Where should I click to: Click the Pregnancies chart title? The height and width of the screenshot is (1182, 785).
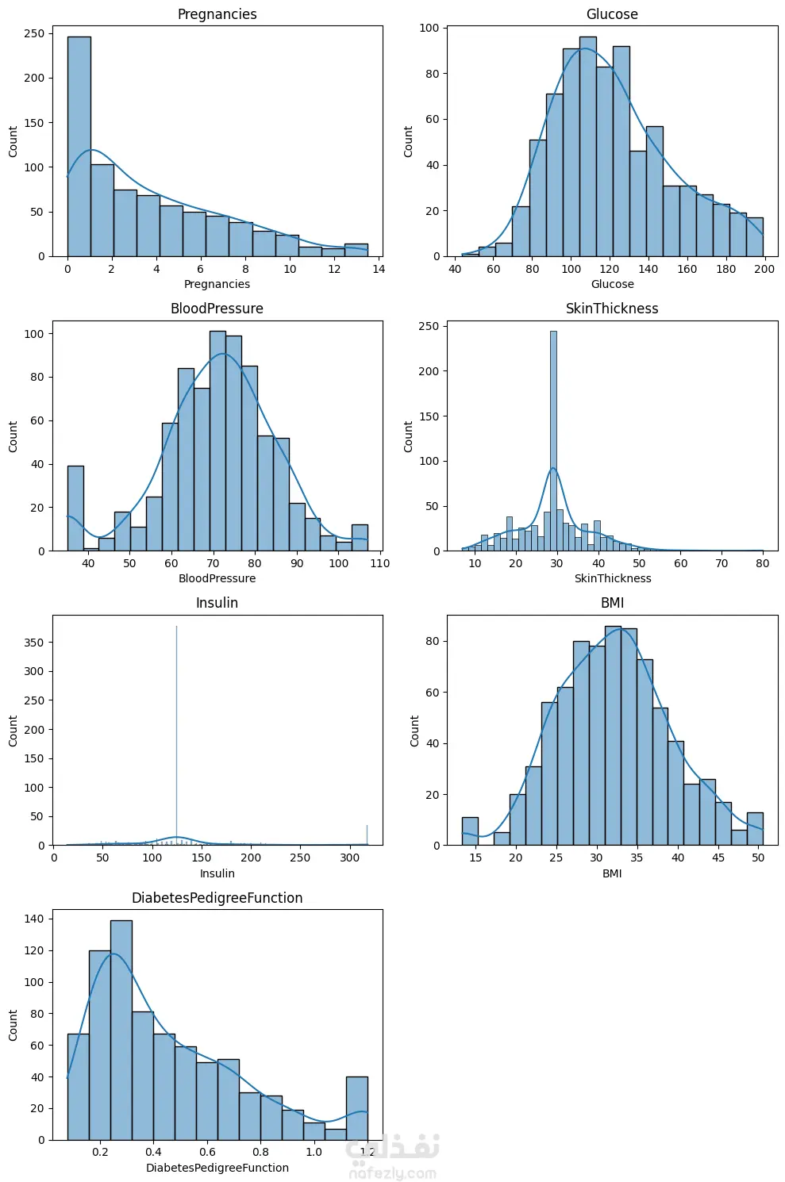pyautogui.click(x=217, y=14)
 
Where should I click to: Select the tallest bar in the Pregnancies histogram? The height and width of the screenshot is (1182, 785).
pyautogui.click(x=79, y=147)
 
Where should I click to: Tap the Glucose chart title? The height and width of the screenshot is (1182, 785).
pyautogui.click(x=612, y=14)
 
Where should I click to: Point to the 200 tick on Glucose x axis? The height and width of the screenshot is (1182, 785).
pyautogui.click(x=764, y=269)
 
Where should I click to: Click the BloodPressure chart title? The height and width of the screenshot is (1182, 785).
pyautogui.click(x=217, y=309)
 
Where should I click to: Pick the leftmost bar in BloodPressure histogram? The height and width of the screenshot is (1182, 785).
pyautogui.click(x=75, y=508)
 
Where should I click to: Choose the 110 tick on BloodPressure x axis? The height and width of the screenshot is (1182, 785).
pyautogui.click(x=380, y=563)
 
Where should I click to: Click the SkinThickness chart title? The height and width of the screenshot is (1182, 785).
pyautogui.click(x=612, y=309)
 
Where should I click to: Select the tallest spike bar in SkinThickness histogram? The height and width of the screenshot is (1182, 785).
pyautogui.click(x=553, y=440)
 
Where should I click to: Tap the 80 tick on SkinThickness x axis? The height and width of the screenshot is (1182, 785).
pyautogui.click(x=763, y=563)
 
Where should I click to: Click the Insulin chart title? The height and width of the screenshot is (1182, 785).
pyautogui.click(x=217, y=603)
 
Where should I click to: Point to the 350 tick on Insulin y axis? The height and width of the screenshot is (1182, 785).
pyautogui.click(x=34, y=643)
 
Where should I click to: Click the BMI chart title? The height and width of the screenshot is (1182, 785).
pyautogui.click(x=612, y=603)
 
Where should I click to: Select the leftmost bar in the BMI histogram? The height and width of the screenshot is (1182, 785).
pyautogui.click(x=470, y=831)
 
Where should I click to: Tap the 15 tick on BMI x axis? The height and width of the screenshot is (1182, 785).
pyautogui.click(x=475, y=858)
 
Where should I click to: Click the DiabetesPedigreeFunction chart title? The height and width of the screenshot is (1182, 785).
pyautogui.click(x=217, y=898)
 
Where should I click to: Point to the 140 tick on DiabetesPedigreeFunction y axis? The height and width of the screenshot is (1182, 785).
pyautogui.click(x=35, y=919)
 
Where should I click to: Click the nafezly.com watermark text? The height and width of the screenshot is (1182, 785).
pyautogui.click(x=393, y=1173)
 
